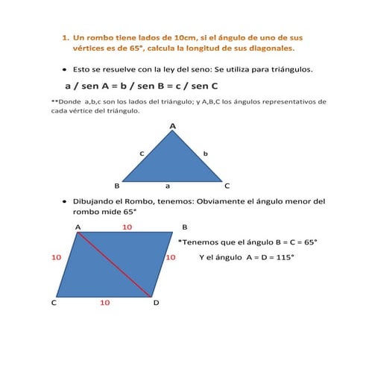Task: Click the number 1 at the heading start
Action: coord(65,36)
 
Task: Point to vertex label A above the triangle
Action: coord(173,126)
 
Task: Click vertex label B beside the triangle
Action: coord(116,185)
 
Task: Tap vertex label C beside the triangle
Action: coord(227,185)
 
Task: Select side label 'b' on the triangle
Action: coord(205,153)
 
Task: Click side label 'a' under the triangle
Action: coord(168,186)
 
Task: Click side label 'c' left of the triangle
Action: coord(142,153)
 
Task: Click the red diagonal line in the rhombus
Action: coord(116,265)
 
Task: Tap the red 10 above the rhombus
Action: coord(127,227)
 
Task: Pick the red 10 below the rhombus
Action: coord(105,303)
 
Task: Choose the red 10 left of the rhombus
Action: coord(56,257)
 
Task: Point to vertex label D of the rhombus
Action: coord(156,303)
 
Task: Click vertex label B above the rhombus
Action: coord(185,227)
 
